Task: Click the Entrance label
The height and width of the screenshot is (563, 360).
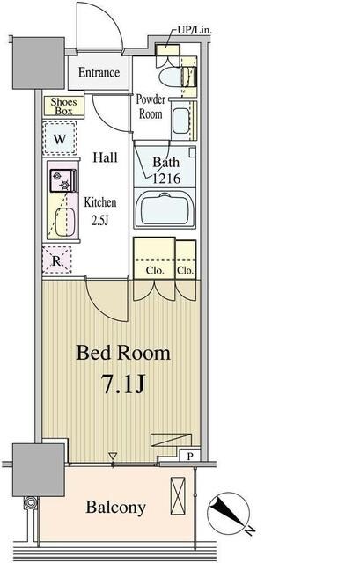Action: (99, 72)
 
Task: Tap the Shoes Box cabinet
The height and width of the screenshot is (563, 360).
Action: (63, 106)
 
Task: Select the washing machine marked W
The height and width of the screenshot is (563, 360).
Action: (60, 138)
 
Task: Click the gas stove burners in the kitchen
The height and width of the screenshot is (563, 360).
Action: (63, 180)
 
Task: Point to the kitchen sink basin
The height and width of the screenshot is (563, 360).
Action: (65, 223)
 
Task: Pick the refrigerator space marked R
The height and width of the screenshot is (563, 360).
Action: (56, 260)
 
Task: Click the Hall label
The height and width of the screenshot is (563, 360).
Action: (105, 157)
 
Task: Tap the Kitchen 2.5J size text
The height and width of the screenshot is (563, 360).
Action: (100, 211)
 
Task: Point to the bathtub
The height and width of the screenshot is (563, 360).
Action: (165, 208)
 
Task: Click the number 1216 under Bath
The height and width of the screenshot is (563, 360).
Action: (166, 179)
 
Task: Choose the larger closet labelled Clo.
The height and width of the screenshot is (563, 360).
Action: (155, 258)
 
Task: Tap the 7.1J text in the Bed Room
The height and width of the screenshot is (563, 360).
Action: (123, 384)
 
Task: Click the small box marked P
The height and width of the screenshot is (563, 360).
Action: (190, 456)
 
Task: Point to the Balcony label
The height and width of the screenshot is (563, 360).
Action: (115, 508)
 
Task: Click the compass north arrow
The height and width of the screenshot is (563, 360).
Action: (227, 512)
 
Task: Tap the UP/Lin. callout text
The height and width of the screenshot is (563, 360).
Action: (195, 31)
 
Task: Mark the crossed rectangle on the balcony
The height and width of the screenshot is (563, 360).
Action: (178, 496)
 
